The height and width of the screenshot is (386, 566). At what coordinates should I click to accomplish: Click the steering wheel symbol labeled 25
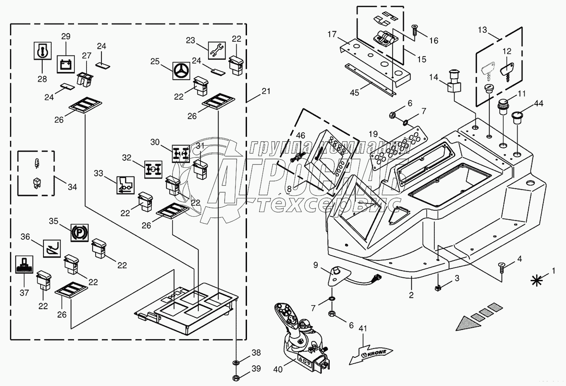(180, 71)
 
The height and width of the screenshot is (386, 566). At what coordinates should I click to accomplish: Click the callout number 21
(266, 91)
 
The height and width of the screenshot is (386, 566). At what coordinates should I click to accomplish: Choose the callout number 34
(72, 187)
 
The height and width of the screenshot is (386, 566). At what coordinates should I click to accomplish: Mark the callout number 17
(332, 34)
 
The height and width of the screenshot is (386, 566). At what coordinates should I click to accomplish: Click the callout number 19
(373, 134)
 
